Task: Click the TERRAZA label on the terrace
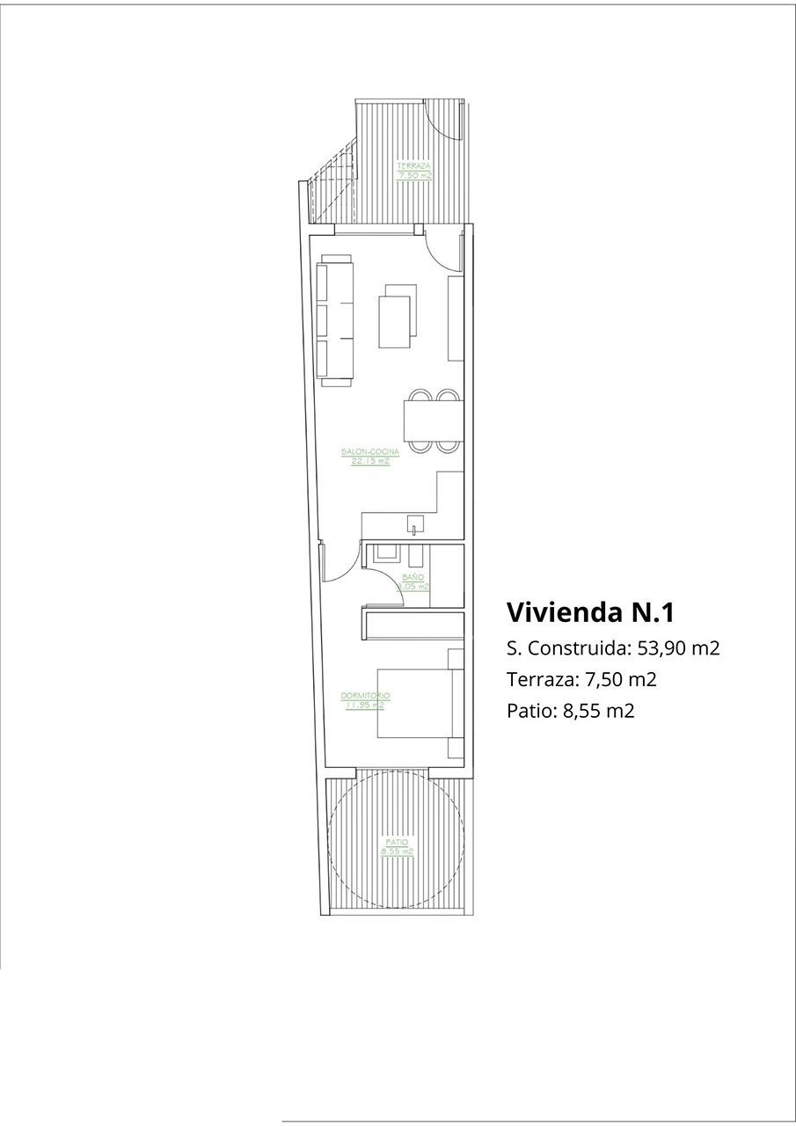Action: [413, 165]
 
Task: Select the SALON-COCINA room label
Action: [370, 452]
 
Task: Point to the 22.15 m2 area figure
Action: [370, 461]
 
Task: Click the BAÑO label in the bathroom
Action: [413, 577]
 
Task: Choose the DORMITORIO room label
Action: [365, 696]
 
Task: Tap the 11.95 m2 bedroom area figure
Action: [365, 705]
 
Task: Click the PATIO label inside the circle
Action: [396, 843]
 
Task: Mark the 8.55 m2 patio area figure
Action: [397, 852]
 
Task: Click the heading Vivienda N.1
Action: [590, 611]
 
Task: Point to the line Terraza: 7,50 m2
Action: [582, 679]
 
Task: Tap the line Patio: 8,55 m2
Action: [570, 710]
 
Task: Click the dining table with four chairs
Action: [433, 421]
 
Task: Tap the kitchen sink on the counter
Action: [413, 527]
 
